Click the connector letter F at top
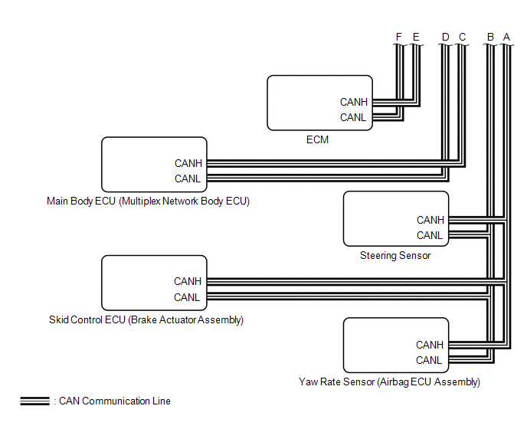click(399, 36)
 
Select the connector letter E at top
click(416, 36)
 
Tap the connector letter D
click(446, 36)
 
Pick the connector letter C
click(462, 36)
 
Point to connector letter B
click(491, 36)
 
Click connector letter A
click(506, 36)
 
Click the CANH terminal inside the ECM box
click(354, 102)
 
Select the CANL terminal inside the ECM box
click(353, 117)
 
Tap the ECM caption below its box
click(318, 140)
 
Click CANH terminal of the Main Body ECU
click(188, 163)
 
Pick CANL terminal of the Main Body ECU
click(188, 178)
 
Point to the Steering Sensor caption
click(395, 255)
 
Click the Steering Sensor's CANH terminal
click(430, 221)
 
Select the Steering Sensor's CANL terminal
click(430, 235)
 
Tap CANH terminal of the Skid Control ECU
click(188, 282)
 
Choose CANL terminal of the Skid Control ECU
click(187, 297)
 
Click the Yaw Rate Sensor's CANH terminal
click(430, 345)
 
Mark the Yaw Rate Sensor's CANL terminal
click(430, 360)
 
